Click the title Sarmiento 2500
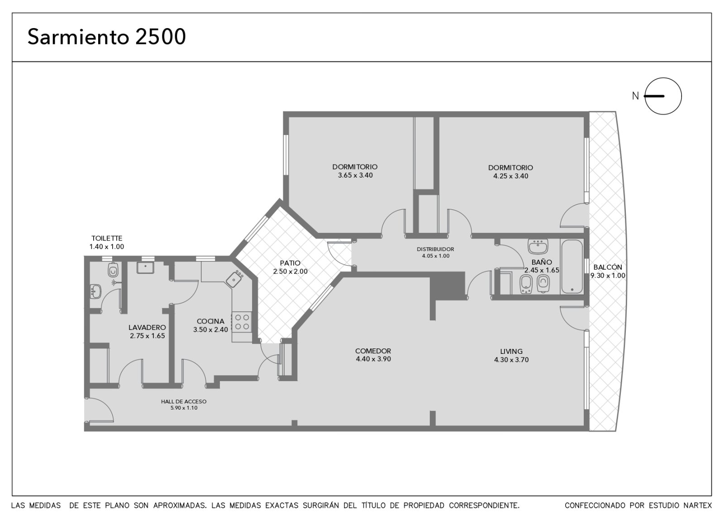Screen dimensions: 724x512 107,37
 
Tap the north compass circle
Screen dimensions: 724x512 663,96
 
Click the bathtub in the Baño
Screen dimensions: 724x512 572,266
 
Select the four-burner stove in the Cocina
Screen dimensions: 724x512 242,322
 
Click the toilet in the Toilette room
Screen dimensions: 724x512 113,270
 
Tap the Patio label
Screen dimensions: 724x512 290,263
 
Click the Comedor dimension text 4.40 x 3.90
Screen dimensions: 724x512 373,359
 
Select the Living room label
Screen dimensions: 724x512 511,351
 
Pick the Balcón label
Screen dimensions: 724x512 608,267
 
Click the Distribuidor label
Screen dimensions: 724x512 435,249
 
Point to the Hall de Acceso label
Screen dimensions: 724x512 184,401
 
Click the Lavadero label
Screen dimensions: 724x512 147,328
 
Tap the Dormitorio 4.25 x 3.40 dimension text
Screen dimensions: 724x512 511,176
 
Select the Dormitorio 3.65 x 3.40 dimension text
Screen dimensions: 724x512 355,175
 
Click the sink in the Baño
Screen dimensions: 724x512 538,246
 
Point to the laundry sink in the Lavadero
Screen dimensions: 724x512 145,268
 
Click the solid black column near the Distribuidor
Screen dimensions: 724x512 448,285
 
